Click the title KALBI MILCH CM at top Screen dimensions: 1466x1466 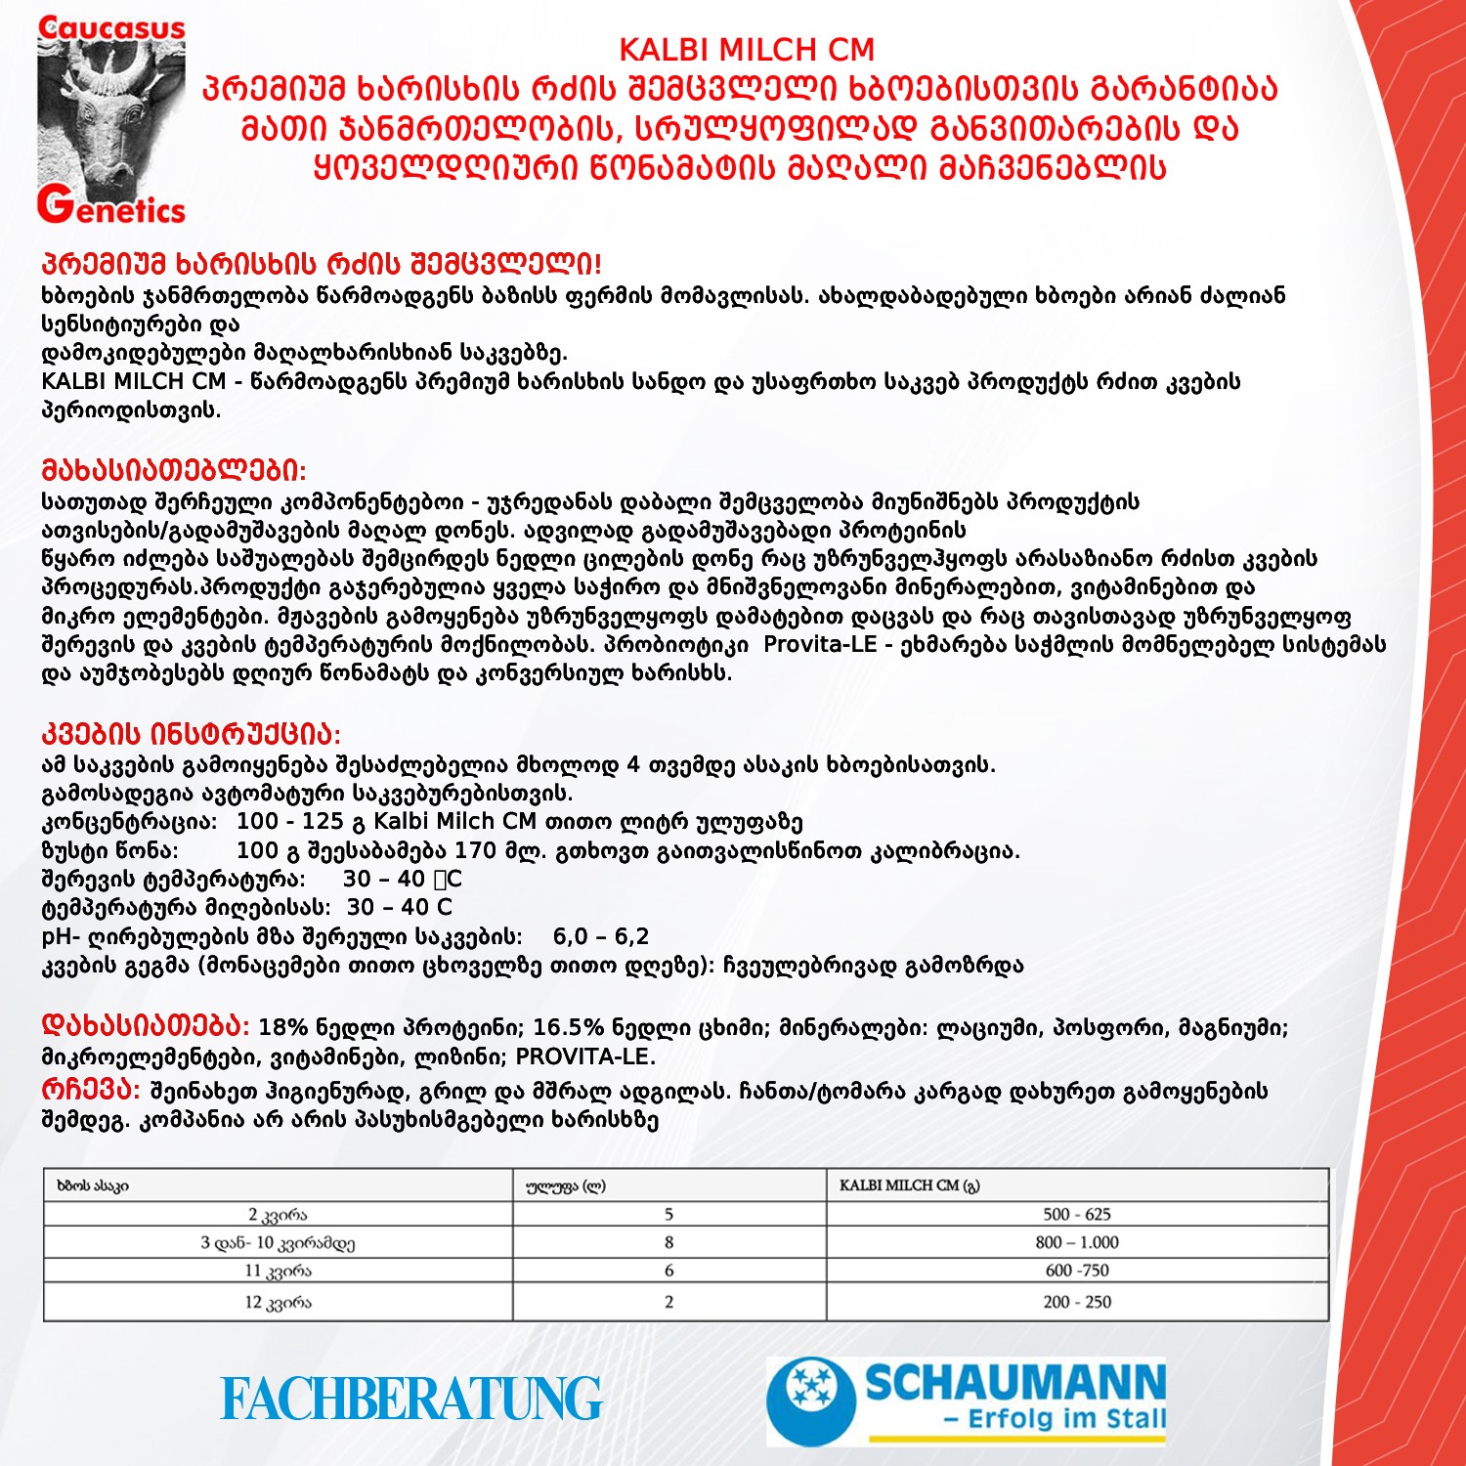point(747,50)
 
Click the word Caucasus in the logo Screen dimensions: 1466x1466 point(111,28)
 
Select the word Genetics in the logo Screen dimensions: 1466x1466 point(111,207)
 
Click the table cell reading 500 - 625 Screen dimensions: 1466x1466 point(1077,1214)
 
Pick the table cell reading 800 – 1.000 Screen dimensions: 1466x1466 point(1077,1242)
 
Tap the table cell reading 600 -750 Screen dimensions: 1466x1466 point(1077,1271)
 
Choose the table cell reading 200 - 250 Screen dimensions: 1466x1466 point(1077,1302)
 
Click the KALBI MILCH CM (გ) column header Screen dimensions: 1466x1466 point(909,1186)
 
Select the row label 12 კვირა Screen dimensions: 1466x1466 point(278,1302)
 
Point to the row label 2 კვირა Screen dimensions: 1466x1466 point(278,1215)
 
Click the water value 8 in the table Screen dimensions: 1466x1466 point(668,1242)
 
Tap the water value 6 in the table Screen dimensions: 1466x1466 point(668,1271)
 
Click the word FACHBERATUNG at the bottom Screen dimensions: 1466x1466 point(410,1400)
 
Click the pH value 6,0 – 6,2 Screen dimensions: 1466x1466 point(600,936)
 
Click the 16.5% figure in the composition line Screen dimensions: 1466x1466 point(568,1027)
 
